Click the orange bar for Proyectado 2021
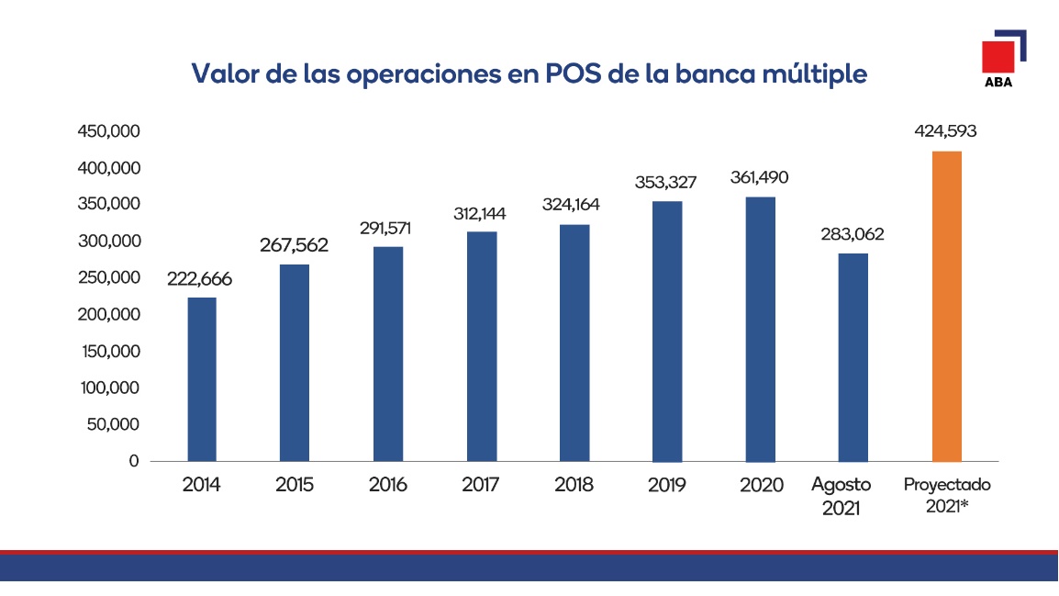947,306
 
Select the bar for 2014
202,378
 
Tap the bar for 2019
667,331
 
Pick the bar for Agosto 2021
853,357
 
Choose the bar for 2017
481,346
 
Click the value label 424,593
945,131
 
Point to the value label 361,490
759,178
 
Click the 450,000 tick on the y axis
109,131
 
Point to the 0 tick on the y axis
134,461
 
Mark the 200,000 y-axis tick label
109,315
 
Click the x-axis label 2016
388,485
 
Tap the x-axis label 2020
761,485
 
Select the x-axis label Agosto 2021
841,495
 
